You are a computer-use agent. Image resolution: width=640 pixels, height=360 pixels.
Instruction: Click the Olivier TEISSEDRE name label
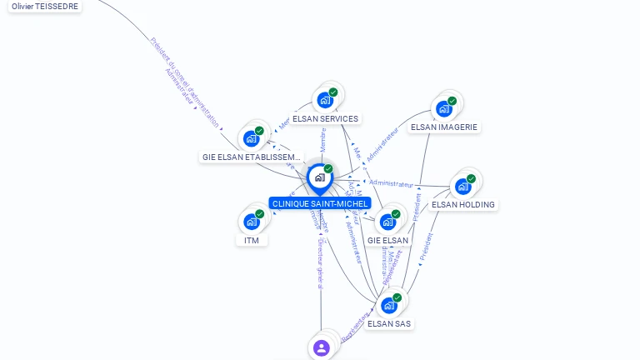tap(45, 6)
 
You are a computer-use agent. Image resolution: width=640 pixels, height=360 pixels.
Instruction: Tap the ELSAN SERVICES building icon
tap(325, 100)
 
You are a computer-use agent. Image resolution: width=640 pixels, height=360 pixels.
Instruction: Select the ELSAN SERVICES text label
tap(325, 119)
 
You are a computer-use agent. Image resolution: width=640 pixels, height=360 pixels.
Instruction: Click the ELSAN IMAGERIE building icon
tap(444, 108)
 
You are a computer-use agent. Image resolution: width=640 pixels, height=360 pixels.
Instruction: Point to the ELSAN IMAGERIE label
tap(444, 127)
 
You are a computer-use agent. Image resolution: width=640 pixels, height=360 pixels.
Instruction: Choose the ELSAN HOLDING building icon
tap(462, 186)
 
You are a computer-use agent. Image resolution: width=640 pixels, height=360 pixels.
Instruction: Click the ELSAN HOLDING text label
tap(463, 204)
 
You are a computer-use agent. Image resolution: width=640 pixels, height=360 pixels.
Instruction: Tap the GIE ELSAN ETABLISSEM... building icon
tap(251, 138)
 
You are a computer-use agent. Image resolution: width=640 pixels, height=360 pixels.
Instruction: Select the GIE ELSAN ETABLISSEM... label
tap(251, 157)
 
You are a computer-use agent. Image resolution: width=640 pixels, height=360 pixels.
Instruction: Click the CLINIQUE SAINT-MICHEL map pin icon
tap(319, 177)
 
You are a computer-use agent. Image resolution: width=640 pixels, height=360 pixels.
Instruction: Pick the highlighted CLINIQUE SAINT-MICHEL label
tap(319, 203)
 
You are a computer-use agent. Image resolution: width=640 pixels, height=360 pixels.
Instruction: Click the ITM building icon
tap(251, 222)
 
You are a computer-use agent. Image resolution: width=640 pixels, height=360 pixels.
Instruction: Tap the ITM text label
tap(252, 241)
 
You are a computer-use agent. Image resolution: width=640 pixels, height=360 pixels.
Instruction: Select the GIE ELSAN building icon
tap(387, 222)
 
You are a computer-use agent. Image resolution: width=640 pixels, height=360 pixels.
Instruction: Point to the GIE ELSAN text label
tap(388, 241)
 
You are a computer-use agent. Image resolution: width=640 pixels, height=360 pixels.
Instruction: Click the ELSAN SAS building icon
tap(388, 305)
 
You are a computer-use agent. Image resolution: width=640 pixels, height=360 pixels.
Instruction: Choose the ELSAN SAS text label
tap(388, 323)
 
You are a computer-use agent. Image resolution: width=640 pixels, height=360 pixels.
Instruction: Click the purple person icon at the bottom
tap(322, 347)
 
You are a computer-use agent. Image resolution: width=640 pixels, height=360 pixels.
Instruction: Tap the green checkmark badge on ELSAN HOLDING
tap(471, 178)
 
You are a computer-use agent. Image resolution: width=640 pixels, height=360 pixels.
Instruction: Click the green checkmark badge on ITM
tap(259, 214)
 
